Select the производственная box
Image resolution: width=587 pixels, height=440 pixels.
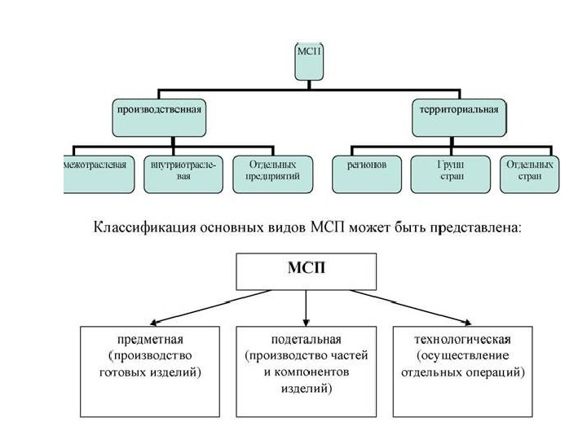[x=159, y=117]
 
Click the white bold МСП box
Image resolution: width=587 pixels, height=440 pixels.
[x=307, y=271]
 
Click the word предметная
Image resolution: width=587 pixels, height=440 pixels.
[x=150, y=340]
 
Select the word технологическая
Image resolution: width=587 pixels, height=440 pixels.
[x=462, y=340]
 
